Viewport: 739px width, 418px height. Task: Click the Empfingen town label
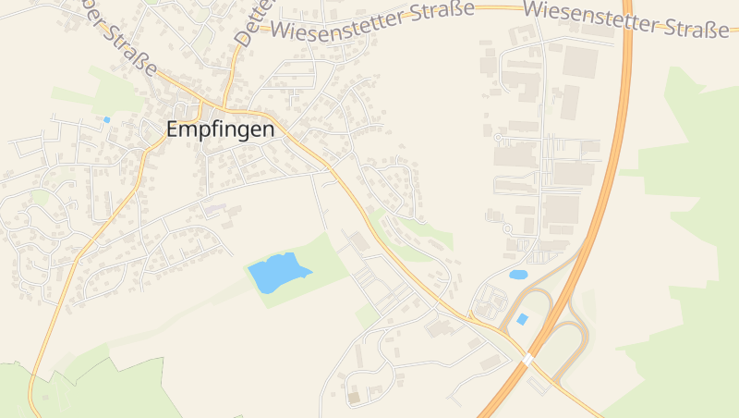pos(220,130)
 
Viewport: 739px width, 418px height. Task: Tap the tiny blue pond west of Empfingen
pos(107,119)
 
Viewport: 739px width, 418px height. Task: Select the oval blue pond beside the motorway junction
pos(518,275)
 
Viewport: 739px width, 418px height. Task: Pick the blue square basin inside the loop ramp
pos(523,319)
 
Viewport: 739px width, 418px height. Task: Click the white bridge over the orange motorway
pos(527,358)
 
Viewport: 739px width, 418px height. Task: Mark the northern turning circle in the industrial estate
pos(498,138)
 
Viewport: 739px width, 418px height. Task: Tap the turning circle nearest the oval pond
pos(507,228)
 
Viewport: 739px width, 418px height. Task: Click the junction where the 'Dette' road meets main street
pos(224,103)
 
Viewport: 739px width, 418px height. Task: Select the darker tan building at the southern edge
pos(354,398)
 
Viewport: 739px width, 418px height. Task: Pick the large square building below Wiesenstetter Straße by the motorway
pos(580,61)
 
